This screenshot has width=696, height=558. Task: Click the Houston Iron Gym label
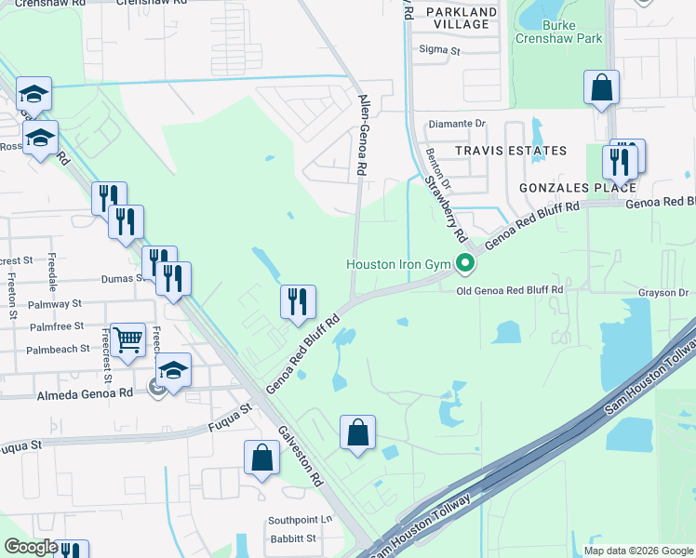398,264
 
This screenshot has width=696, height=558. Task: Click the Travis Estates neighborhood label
510,151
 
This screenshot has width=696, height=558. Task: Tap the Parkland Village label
462,18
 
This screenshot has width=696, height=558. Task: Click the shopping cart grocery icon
128,340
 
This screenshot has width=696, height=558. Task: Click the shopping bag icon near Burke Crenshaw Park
602,88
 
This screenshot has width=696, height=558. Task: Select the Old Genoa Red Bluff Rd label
511,290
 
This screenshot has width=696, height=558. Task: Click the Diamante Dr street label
456,123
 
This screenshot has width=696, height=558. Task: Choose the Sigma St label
440,48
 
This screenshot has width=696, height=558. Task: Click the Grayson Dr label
663,293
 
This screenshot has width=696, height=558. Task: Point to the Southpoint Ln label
300,520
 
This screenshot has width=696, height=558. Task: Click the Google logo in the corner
31,547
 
